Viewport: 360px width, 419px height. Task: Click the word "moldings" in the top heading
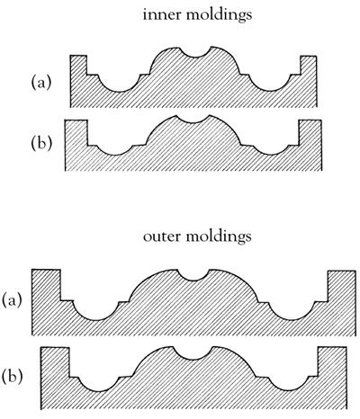coord(219,15)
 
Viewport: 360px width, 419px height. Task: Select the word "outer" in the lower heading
coord(161,236)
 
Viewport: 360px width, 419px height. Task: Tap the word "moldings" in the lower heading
coord(219,237)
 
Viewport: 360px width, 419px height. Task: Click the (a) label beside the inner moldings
coord(41,83)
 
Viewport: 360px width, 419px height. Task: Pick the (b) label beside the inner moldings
coord(41,144)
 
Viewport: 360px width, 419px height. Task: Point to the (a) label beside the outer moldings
coord(12,301)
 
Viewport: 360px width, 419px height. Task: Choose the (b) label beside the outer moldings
coord(12,377)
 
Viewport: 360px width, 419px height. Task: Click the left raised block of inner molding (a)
coord(78,65)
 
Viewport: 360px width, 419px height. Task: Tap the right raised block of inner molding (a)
coord(309,65)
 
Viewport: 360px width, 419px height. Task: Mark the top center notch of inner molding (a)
coord(195,53)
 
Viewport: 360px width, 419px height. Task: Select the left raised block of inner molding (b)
coord(76,132)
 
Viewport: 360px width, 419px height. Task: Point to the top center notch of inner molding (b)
coord(193,120)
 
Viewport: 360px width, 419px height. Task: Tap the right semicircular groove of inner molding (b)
coord(271,150)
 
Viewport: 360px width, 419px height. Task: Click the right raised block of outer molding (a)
coord(342,286)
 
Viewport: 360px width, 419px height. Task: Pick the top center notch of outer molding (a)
coord(192,276)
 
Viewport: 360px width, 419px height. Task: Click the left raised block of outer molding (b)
coord(55,362)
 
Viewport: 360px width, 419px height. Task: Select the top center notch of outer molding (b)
coord(193,353)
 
